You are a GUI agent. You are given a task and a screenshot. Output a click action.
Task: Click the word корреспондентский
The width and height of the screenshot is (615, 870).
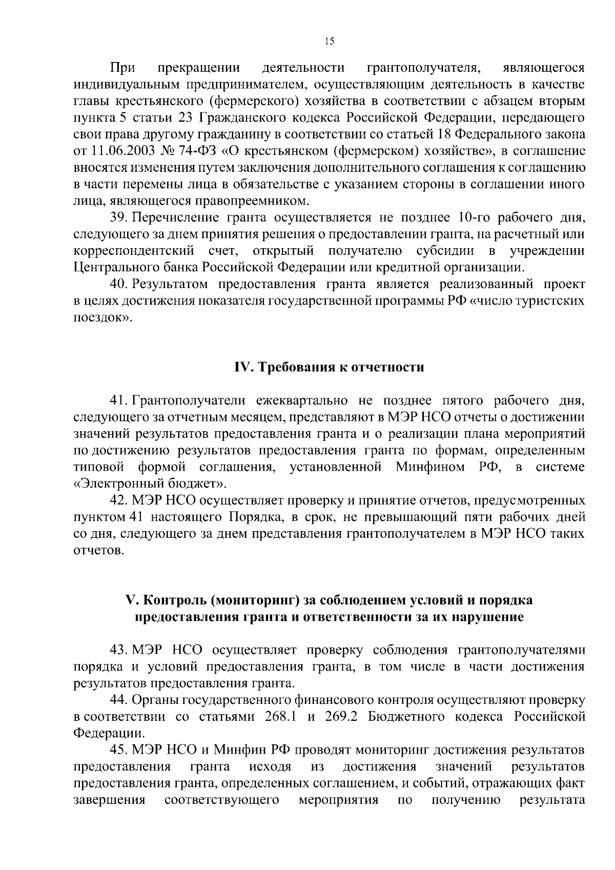[x=134, y=251]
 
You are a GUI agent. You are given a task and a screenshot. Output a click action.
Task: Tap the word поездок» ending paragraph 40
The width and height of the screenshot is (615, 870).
[x=103, y=317]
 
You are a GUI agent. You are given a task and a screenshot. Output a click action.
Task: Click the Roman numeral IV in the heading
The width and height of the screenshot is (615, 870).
[x=241, y=368]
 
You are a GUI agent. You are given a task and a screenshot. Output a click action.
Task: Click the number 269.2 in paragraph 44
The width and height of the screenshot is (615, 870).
[x=340, y=717]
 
